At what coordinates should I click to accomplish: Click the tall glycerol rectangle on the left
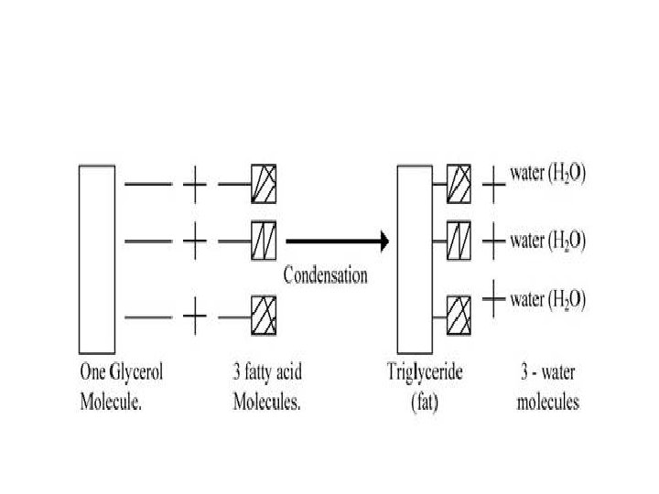(x=96, y=259)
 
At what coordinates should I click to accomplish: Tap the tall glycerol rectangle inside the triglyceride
(x=415, y=259)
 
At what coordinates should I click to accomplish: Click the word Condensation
(x=325, y=274)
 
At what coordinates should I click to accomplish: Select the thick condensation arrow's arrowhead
(x=384, y=242)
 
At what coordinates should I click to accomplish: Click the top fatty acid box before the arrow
(x=264, y=184)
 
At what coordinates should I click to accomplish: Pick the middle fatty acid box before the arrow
(x=264, y=242)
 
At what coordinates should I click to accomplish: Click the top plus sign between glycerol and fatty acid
(x=194, y=185)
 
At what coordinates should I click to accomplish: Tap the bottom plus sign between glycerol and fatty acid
(x=194, y=317)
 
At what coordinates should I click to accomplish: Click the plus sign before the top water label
(x=493, y=184)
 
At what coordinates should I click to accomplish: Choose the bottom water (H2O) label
(x=548, y=298)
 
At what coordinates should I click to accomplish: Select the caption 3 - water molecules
(x=546, y=388)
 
